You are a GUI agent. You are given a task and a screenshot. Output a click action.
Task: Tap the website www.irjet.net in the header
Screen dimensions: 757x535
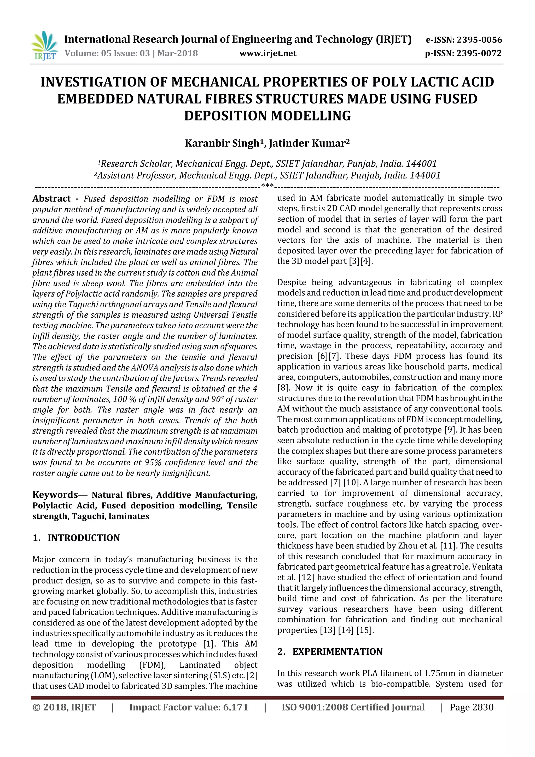click(x=267, y=53)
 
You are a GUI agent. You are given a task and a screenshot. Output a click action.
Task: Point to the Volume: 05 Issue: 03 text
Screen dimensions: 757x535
click(x=107, y=53)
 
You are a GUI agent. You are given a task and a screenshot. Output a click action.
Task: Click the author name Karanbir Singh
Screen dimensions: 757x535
click(x=222, y=144)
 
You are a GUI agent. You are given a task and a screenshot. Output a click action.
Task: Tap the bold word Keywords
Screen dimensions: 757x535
click(x=55, y=495)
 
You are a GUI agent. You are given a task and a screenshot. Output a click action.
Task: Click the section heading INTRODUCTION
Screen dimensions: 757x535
click(x=84, y=538)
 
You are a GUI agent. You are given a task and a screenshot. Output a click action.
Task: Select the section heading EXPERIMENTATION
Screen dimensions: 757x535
click(x=337, y=651)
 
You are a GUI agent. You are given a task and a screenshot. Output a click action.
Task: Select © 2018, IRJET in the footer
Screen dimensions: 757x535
click(x=64, y=707)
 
